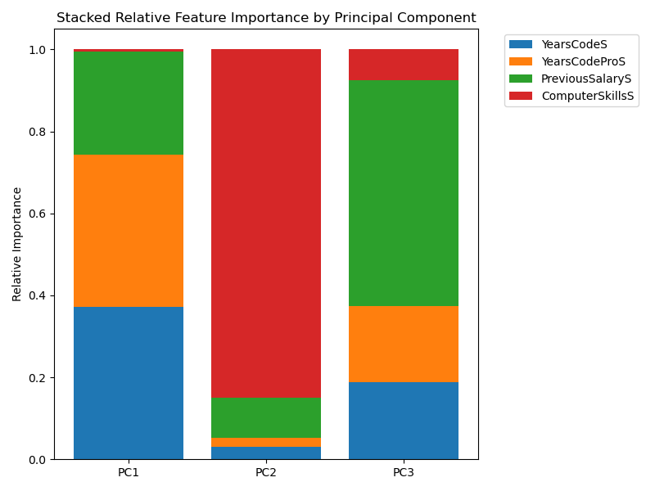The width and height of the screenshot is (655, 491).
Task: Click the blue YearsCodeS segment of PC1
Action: click(x=129, y=383)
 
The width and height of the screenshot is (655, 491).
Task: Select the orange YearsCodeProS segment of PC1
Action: click(x=129, y=231)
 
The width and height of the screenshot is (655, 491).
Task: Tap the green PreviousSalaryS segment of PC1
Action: click(x=129, y=103)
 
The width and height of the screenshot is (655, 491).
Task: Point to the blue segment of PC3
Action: click(x=404, y=421)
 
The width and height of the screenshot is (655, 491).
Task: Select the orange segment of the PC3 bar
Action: click(x=404, y=344)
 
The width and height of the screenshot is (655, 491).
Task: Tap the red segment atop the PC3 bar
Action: click(x=404, y=65)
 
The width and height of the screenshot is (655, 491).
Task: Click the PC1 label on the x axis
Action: click(x=129, y=473)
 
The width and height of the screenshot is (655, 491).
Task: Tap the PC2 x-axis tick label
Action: click(x=266, y=473)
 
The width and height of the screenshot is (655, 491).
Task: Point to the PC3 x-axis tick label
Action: click(x=404, y=473)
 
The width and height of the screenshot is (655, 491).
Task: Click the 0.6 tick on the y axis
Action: click(x=37, y=214)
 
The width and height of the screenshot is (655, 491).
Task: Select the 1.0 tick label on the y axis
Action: click(x=37, y=50)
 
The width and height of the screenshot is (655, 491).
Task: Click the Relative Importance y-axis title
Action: click(x=17, y=244)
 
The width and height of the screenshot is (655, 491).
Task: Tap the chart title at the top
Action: click(x=266, y=17)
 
